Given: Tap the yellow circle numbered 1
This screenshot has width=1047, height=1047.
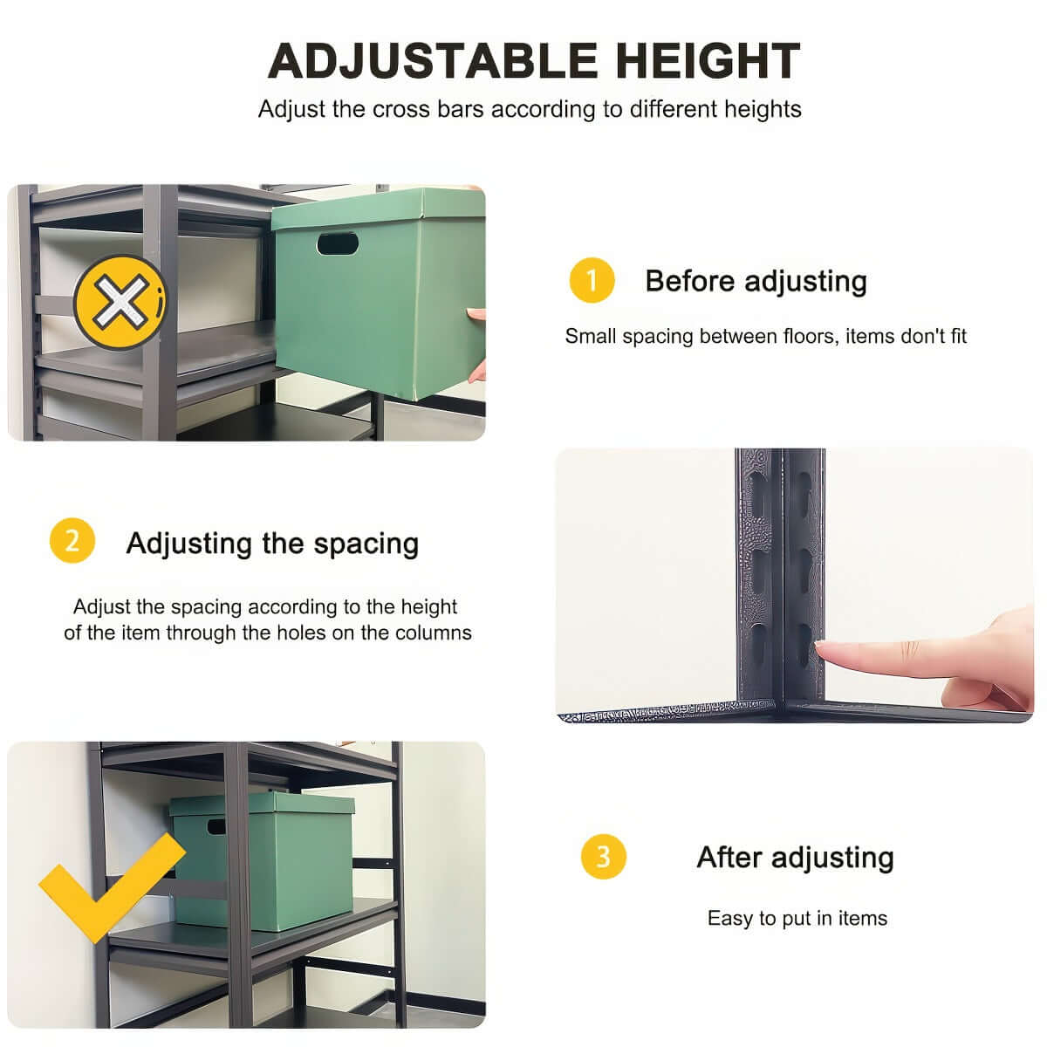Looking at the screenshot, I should tap(592, 281).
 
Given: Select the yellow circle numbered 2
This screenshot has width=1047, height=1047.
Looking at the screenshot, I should tap(72, 541).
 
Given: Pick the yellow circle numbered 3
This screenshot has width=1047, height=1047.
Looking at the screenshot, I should tap(603, 856).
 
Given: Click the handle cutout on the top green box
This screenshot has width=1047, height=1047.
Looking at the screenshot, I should tap(338, 243).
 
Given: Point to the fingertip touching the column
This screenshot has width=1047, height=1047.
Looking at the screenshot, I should tap(825, 647).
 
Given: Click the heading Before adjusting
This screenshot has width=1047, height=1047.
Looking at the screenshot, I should tap(756, 281).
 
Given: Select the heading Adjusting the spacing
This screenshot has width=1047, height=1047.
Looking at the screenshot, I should tap(272, 543).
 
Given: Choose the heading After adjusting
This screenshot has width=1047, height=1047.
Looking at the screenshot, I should tap(795, 857).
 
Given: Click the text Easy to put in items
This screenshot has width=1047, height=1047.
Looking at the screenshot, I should tap(797, 918).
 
